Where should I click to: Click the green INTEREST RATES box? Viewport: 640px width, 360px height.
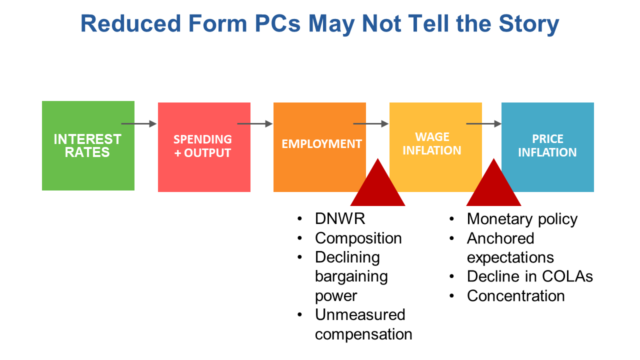click(88, 145)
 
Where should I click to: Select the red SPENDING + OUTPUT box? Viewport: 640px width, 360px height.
click(204, 147)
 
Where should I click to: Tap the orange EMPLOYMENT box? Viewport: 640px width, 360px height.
click(319, 147)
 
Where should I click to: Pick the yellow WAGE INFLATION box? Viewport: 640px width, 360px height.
click(435, 147)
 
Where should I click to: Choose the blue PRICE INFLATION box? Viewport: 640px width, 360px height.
click(547, 147)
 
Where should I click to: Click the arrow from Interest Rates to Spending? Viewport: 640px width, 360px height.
click(139, 123)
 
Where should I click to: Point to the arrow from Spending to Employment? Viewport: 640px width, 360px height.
click(255, 123)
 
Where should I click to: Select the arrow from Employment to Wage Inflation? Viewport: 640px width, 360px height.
click(371, 123)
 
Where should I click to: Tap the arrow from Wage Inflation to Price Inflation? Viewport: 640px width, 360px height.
click(483, 123)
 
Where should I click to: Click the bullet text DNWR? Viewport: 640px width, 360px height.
click(340, 219)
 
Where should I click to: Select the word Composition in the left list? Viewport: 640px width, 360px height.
click(358, 238)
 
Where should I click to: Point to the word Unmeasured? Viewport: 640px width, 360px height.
click(360, 315)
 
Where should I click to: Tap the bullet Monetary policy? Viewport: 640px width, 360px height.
click(522, 219)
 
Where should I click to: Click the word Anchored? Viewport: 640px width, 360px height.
click(500, 238)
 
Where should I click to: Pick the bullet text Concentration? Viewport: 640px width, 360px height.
click(515, 295)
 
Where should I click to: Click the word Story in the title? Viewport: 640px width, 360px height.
click(529, 24)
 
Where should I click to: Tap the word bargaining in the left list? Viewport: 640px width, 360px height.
click(351, 277)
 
